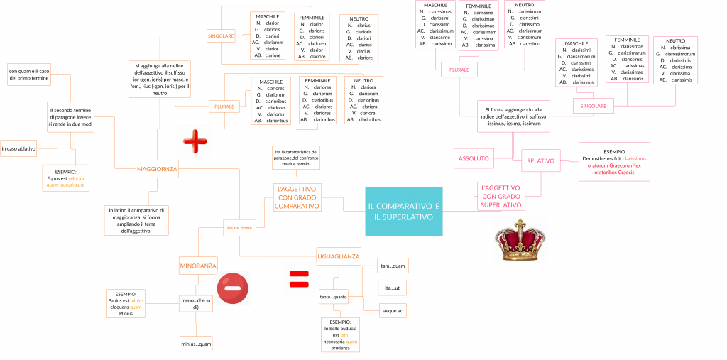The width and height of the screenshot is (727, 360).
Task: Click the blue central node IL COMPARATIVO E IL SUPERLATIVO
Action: (403, 211)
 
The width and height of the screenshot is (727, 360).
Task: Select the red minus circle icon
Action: (232, 288)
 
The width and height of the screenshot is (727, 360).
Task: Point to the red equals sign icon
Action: (299, 278)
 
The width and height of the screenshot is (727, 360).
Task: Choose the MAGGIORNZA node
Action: (158, 169)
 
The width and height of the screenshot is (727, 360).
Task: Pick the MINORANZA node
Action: (198, 266)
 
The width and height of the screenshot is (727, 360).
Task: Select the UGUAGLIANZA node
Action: (339, 256)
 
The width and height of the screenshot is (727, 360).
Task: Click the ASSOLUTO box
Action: (474, 158)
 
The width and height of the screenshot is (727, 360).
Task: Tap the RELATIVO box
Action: (541, 160)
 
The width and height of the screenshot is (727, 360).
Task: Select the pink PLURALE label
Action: (459, 70)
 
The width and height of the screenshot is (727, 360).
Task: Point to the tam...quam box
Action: (393, 266)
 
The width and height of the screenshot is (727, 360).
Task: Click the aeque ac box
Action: (393, 310)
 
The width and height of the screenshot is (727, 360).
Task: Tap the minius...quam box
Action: (195, 344)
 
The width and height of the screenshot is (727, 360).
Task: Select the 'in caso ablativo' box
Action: (18, 149)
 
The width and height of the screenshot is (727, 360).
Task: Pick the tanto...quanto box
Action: (333, 296)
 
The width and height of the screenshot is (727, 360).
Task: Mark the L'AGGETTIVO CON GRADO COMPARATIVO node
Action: (297, 197)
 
